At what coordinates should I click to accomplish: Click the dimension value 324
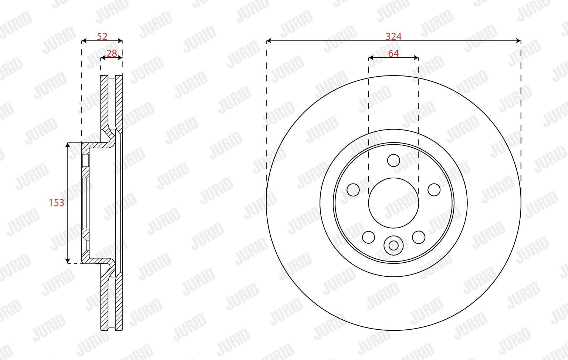pyautogui.click(x=393, y=37)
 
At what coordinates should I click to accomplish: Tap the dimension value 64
pyautogui.click(x=393, y=54)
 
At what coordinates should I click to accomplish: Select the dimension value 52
pyautogui.click(x=102, y=37)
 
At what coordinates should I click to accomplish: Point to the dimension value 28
pyautogui.click(x=112, y=54)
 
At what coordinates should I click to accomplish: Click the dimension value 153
pyautogui.click(x=57, y=203)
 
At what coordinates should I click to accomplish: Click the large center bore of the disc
pyautogui.click(x=393, y=203)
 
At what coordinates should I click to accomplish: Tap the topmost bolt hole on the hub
pyautogui.click(x=393, y=160)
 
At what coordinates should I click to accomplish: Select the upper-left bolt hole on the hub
pyautogui.click(x=353, y=190)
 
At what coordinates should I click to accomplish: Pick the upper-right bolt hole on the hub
pyautogui.click(x=434, y=190)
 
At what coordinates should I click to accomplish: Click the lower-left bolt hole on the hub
pyautogui.click(x=368, y=237)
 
